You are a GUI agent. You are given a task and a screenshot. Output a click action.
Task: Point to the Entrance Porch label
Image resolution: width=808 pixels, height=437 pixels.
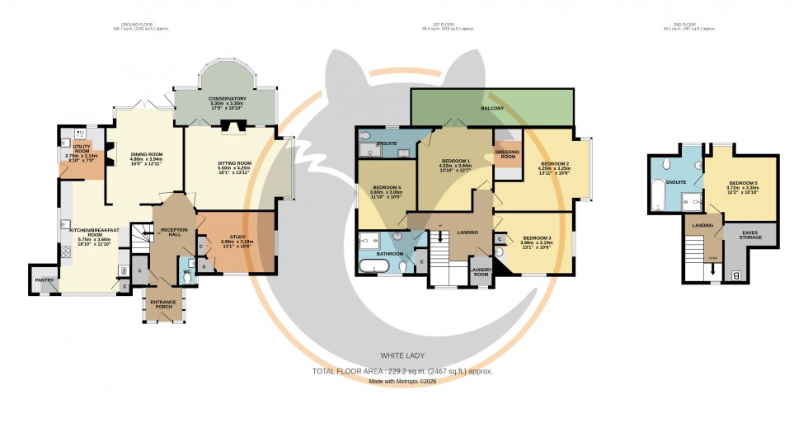tap(163, 304)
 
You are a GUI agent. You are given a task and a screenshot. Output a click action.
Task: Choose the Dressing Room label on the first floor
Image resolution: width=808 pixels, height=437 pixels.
tap(506, 153)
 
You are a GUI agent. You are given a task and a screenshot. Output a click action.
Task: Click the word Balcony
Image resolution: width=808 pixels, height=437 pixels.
tap(492, 108)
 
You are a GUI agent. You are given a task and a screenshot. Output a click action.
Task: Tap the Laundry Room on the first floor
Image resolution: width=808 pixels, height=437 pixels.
tap(480, 270)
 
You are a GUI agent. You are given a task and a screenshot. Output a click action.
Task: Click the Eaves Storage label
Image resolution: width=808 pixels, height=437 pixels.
tap(750, 237)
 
